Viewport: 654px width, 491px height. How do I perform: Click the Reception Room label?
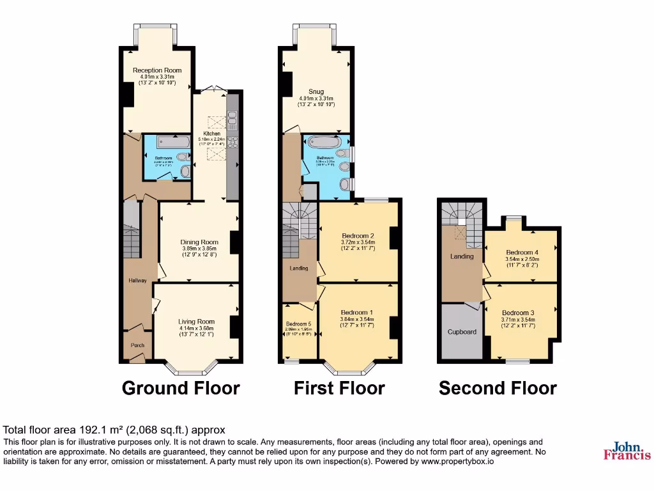157,70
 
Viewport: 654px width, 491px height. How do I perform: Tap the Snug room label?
316,91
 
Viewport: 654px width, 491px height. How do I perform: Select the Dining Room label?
199,242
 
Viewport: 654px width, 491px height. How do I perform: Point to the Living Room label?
197,322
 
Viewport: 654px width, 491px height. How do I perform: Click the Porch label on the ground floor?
137,345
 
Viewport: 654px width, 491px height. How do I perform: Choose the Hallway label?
137,281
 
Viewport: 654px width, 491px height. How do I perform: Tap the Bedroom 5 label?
299,324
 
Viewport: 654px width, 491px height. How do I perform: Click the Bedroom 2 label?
358,235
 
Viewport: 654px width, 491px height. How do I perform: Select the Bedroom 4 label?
522,252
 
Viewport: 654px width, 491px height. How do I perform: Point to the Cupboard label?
462,332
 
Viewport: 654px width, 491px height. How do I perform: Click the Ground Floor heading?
181,388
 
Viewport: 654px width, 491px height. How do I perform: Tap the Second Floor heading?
498,388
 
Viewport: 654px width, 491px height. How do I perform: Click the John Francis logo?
627,451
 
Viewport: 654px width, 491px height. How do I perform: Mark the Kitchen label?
212,134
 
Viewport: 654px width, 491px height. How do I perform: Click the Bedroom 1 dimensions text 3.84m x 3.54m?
358,318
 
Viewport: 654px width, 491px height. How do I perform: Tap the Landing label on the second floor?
462,256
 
